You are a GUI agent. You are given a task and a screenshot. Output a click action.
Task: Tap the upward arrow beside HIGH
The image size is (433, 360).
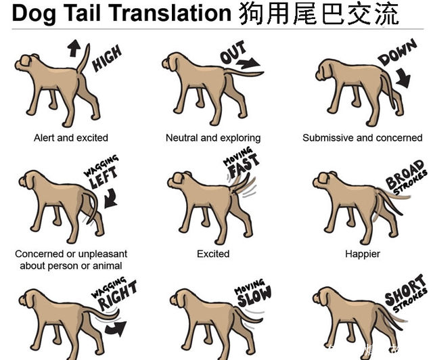pos(74,48)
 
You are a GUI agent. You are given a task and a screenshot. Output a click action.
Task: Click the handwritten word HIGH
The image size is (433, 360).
pos(107,58)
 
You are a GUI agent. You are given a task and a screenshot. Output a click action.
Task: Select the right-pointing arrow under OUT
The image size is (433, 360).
pos(248,63)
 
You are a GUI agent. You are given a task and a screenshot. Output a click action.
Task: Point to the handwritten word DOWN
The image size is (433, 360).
pos(397,52)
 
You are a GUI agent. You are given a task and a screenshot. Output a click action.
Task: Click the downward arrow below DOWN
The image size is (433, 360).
pos(403,78)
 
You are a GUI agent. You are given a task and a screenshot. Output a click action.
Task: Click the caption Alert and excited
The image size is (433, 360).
pos(70,137)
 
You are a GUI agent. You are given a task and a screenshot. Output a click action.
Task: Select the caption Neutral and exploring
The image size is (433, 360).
pos(213,137)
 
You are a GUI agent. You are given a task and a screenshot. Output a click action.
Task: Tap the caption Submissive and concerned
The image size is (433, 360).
pos(363,137)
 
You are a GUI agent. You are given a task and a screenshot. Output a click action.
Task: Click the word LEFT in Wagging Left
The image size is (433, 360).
pos(104,177)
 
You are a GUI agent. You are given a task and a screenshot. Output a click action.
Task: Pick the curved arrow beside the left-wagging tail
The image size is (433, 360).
pos(111,198)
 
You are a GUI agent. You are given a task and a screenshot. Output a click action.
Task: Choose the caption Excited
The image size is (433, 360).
pos(213,254)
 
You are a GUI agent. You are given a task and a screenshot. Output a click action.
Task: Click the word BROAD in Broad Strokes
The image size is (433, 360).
pos(405,174)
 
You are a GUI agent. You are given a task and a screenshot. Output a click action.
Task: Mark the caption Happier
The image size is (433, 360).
pos(363,254)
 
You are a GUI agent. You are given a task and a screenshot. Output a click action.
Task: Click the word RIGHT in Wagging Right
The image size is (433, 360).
pos(118,295)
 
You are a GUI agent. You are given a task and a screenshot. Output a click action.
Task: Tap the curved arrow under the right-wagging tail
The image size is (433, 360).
pos(116,328)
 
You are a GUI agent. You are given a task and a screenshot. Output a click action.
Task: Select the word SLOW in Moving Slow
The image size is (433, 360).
pos(254,297)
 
